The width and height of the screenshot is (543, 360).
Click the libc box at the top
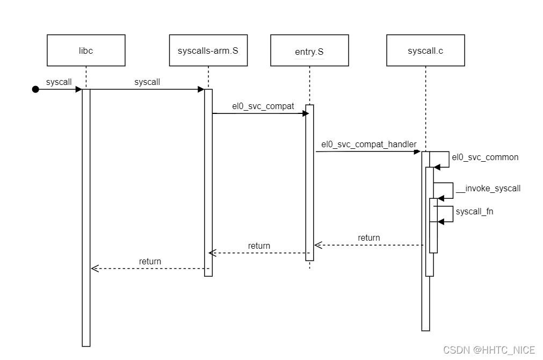[86, 51]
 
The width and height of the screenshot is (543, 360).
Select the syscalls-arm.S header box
[208, 51]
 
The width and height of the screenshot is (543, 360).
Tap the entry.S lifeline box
[309, 51]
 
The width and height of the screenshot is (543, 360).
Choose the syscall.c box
[425, 51]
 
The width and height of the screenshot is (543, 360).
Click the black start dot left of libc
[35, 89]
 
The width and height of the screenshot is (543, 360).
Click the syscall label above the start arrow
[59, 82]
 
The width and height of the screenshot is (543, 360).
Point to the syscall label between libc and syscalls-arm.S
[147, 82]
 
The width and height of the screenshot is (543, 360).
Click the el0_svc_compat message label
[263, 106]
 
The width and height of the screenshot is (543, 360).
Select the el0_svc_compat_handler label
[368, 144]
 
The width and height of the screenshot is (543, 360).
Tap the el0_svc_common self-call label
[486, 157]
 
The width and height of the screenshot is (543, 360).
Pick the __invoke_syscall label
[488, 189]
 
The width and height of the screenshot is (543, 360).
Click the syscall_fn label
[474, 212]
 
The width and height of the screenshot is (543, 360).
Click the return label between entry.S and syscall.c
[368, 237]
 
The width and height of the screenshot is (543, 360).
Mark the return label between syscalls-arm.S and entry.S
[259, 246]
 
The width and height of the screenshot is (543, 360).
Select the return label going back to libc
[150, 261]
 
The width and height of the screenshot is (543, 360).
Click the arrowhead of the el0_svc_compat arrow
[302, 113]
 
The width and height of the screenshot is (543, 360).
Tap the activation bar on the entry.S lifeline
[309, 183]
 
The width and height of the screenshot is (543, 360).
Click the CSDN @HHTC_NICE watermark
[489, 350]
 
